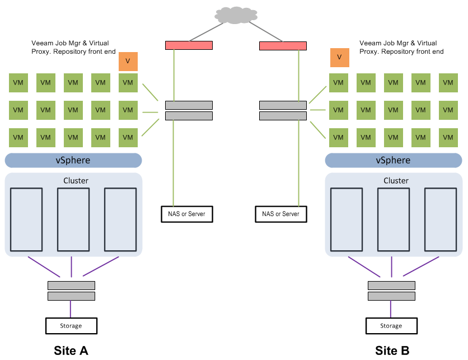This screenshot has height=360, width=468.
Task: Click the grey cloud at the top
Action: pos(236,15)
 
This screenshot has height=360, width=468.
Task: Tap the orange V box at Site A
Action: pos(128,62)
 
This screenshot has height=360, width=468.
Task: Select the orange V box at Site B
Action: pos(340,58)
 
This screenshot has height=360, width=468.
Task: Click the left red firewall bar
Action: pos(189,45)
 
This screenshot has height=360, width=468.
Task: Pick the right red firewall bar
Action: pos(283,46)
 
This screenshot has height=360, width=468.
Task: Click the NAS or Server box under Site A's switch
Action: pos(187,214)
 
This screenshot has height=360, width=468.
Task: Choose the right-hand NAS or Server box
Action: pos(281,214)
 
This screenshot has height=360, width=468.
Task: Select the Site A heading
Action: pos(71,350)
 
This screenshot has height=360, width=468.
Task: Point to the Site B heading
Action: pos(392,350)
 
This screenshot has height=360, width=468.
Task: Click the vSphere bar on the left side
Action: pos(73,160)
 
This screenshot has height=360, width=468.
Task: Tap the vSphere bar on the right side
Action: pos(394,160)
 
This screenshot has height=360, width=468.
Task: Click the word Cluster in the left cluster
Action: pos(76,181)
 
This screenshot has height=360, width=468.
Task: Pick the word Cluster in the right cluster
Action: pos(396,181)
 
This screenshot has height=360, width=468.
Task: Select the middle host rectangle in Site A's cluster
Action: pos(73,219)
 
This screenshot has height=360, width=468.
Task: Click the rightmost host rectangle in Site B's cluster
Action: pos(441,219)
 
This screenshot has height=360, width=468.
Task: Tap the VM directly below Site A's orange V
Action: pos(128,83)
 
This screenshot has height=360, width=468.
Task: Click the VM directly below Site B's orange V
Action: pos(339,83)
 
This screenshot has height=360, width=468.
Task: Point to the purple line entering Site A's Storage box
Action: pos(71,309)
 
